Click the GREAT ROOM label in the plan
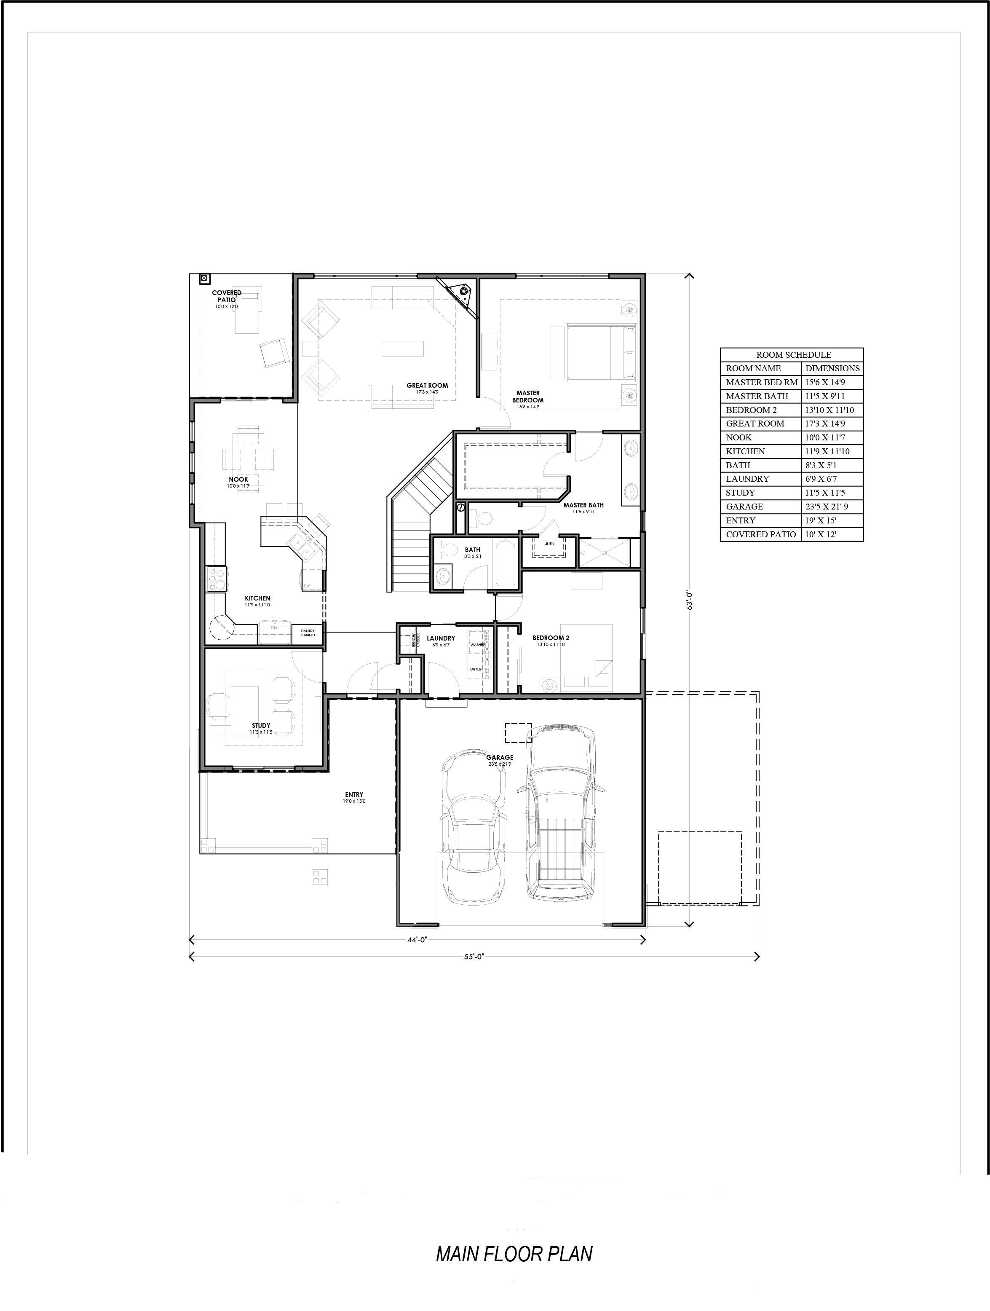[427, 385]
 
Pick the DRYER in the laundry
[477, 668]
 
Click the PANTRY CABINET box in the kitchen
[308, 633]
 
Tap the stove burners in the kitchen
[216, 579]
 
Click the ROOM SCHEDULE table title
[793, 354]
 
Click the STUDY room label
[261, 725]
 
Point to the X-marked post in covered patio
[204, 277]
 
